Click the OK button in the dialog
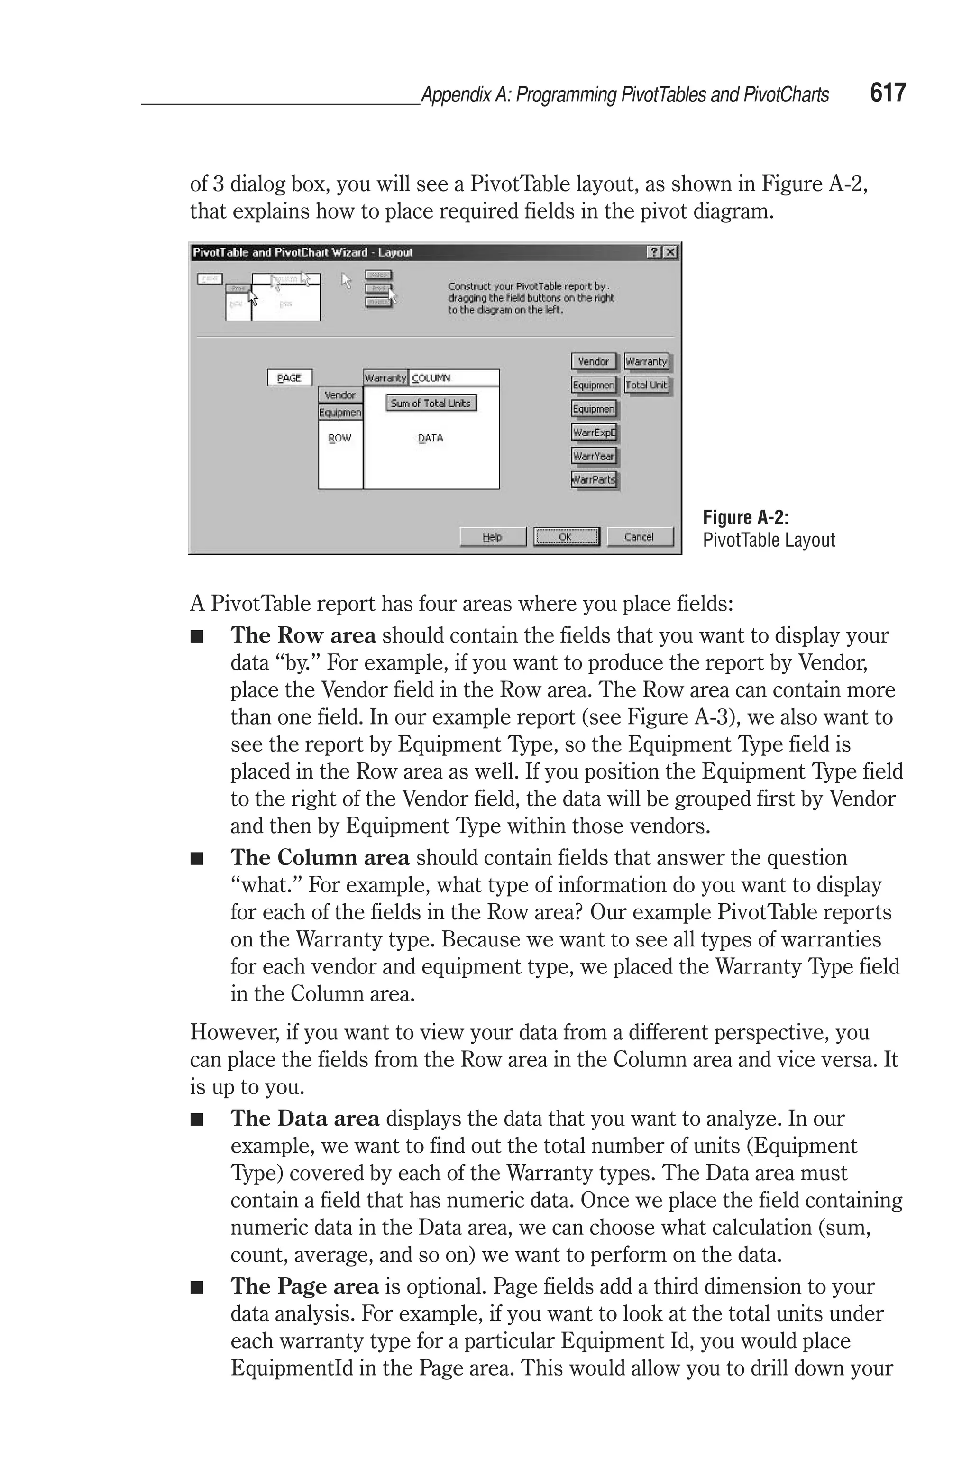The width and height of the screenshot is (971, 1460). click(566, 537)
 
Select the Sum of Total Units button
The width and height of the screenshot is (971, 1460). click(431, 403)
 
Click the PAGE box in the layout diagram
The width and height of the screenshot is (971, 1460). click(289, 378)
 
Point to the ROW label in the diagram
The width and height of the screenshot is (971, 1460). click(339, 438)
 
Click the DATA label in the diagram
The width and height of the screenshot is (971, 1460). click(431, 438)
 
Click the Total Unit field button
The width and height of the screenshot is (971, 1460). click(647, 385)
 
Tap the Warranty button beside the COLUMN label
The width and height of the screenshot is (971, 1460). click(385, 378)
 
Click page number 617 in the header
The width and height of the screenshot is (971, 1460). click(888, 93)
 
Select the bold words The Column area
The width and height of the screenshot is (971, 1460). click(320, 857)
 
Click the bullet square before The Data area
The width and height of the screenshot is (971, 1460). click(197, 1120)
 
